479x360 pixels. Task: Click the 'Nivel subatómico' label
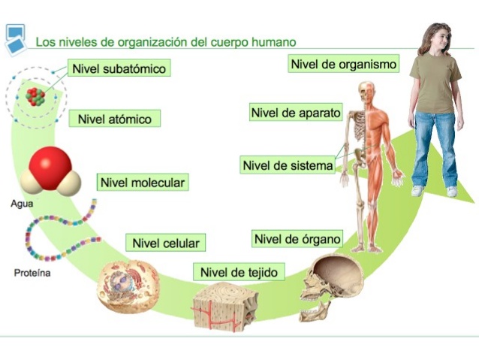(119, 68)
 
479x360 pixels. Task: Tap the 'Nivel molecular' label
(142, 183)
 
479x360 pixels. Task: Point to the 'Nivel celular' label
(166, 243)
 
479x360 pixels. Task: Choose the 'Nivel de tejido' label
(239, 271)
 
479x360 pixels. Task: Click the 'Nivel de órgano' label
(297, 239)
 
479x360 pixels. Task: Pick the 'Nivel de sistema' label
(288, 165)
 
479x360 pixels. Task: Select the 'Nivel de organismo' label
(343, 65)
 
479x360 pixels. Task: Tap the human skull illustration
(333, 286)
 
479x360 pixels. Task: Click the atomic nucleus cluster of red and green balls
(34, 95)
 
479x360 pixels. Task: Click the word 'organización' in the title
(149, 42)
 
